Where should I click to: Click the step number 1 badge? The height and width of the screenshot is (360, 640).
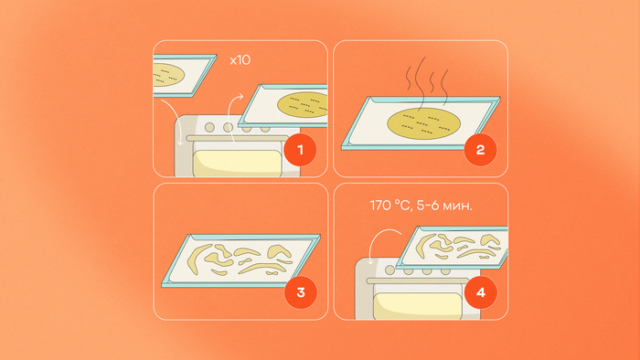[x=301, y=150]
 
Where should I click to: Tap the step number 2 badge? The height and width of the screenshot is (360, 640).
[x=480, y=150]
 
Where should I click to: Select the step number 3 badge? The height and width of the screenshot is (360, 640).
[x=301, y=292]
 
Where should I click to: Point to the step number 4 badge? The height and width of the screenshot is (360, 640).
[x=481, y=292]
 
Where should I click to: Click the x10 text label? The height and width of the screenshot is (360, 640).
[x=240, y=60]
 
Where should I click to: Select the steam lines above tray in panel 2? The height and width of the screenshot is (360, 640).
[x=427, y=79]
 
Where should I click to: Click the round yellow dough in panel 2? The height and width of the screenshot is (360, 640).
[x=423, y=123]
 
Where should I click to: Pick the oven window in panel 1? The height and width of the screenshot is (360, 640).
[x=237, y=163]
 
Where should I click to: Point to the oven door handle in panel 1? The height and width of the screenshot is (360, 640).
[x=237, y=139]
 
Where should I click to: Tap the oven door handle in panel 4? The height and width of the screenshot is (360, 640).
[x=418, y=281]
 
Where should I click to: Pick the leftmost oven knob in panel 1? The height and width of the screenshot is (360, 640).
[x=209, y=127]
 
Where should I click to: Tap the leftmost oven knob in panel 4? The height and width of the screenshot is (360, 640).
[x=390, y=270]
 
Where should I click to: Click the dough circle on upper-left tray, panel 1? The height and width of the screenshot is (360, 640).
[x=168, y=75]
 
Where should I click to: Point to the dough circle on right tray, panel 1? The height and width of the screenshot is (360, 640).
[x=303, y=105]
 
